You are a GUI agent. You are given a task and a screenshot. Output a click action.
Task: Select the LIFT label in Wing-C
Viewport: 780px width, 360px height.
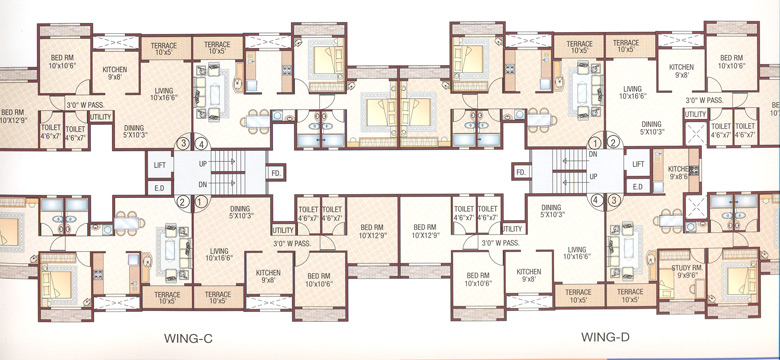(x=159, y=162)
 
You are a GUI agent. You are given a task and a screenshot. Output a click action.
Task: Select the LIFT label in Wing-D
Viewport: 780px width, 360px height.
(x=636, y=162)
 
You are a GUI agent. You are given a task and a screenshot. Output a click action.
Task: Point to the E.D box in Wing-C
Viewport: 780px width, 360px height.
(x=159, y=186)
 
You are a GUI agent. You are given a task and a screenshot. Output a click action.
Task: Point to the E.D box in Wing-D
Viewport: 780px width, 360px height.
(x=636, y=186)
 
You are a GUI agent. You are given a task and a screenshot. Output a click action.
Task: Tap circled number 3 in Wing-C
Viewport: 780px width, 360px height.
(x=183, y=142)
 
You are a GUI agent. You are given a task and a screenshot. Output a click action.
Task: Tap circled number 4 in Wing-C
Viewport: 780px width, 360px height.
(x=201, y=142)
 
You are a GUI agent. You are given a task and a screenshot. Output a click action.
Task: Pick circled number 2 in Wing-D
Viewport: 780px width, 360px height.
(x=613, y=142)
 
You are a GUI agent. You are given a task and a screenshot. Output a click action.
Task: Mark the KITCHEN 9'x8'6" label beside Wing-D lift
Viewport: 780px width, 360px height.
(x=679, y=172)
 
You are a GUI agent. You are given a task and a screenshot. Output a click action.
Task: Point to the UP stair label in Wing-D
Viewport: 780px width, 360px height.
(x=592, y=176)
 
